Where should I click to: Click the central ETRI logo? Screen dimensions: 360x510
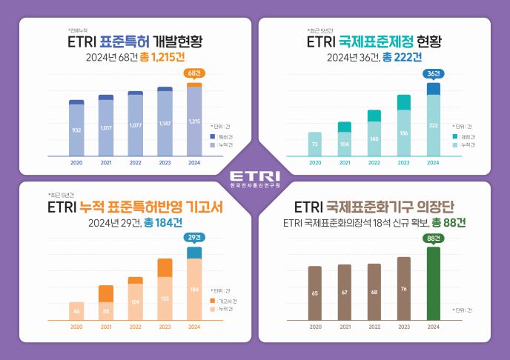(x=254, y=179)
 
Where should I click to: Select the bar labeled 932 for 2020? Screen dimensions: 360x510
(x=76, y=129)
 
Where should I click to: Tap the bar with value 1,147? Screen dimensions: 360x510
(x=165, y=122)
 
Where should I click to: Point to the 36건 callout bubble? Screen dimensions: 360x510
(x=433, y=73)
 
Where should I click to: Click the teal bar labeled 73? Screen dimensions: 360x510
(x=315, y=144)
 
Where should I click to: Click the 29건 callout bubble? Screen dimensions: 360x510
(x=193, y=238)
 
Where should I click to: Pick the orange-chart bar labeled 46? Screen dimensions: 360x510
(x=76, y=311)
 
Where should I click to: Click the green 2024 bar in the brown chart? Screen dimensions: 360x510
(x=433, y=284)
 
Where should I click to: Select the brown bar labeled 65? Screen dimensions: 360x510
(x=315, y=293)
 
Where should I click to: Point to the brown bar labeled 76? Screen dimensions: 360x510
(x=403, y=288)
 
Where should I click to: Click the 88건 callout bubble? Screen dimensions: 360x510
(x=433, y=238)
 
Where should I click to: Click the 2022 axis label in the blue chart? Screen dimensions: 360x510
(x=135, y=163)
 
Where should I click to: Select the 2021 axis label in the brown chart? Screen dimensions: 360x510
(x=344, y=327)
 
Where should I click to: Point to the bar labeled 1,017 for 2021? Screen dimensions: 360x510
(x=106, y=127)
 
